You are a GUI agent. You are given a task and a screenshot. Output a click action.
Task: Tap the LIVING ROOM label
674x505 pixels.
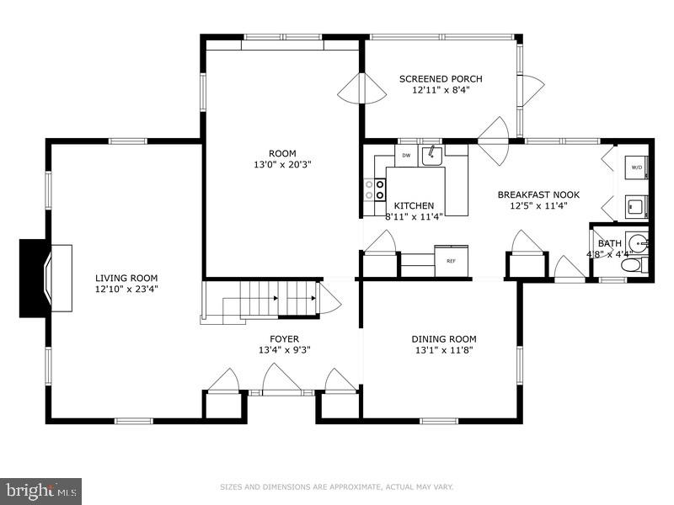(x=126, y=278)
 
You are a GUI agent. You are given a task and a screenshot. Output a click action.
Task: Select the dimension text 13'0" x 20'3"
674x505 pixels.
(x=282, y=164)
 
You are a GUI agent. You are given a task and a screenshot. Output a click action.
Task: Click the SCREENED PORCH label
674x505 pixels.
(x=441, y=79)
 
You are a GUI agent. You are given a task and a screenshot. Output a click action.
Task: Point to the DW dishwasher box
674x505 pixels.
(x=406, y=155)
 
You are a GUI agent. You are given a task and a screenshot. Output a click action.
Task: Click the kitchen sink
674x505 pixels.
(x=433, y=154)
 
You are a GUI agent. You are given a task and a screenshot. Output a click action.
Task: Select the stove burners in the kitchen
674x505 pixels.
(x=369, y=189)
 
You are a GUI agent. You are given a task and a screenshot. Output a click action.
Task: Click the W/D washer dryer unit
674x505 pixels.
(x=635, y=167)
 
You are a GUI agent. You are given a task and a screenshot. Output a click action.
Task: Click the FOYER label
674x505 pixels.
(x=284, y=339)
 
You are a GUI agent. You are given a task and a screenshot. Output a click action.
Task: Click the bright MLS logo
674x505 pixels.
(x=40, y=489)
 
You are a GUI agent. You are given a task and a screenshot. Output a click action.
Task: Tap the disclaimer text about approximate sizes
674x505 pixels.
(x=337, y=486)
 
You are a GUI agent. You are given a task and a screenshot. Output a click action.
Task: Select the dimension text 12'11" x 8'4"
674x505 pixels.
(x=441, y=90)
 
